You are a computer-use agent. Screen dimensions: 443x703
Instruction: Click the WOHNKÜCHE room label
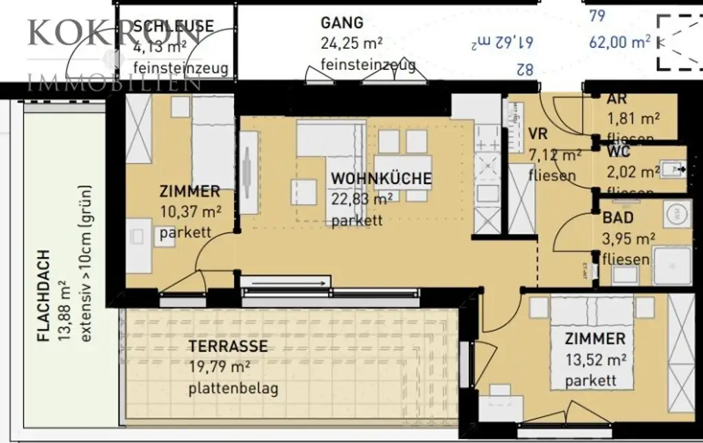[x=381, y=179]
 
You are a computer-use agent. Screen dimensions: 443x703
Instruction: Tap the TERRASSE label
[x=228, y=347]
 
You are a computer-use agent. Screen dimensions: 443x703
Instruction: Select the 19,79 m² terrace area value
[x=219, y=368]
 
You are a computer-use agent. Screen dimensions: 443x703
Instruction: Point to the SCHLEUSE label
[x=173, y=26]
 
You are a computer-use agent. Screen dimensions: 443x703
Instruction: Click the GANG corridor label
[x=342, y=23]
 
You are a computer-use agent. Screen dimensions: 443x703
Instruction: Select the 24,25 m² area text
[x=351, y=44]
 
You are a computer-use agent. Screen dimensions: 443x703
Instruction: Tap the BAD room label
[x=618, y=219]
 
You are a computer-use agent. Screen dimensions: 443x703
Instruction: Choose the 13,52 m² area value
[x=595, y=359]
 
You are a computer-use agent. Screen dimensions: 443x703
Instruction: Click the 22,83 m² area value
[x=362, y=199]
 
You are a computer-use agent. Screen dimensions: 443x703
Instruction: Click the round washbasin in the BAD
[x=678, y=213]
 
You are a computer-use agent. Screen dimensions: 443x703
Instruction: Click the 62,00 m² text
[x=619, y=42]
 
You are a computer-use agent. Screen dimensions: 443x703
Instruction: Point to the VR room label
[x=538, y=133]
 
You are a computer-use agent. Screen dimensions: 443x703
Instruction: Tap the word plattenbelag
[x=233, y=389]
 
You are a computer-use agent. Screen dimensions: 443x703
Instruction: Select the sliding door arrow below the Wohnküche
[x=286, y=282]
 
